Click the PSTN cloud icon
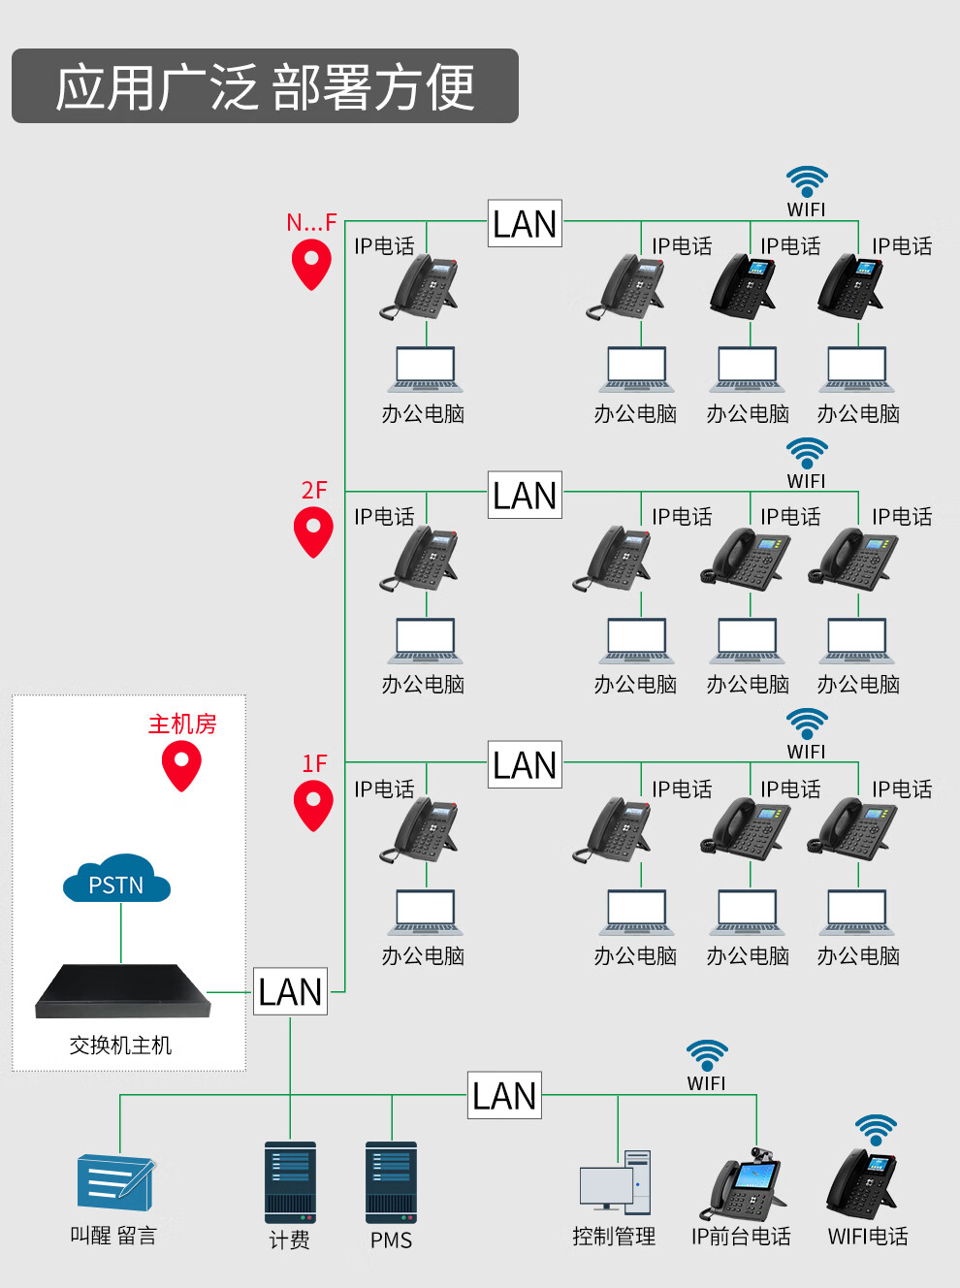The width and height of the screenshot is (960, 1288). pos(116,880)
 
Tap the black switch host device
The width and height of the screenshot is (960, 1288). pos(123,991)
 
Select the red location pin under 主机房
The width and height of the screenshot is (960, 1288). pos(181,765)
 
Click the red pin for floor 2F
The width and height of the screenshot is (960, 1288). pos(313,533)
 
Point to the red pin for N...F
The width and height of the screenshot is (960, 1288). pos(311,266)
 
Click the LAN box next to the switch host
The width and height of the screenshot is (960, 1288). pos(290,991)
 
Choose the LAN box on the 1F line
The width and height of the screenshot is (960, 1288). pos(525,764)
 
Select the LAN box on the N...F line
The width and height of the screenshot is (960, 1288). pos(525,224)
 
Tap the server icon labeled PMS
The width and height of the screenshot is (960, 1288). pos(391,1181)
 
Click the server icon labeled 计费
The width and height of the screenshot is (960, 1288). pos(290,1181)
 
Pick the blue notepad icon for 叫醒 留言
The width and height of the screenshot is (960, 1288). pos(115,1181)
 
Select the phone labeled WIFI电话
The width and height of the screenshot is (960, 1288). pos(864,1183)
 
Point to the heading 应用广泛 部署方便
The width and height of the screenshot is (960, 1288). pos(265,86)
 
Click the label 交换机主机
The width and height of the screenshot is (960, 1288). pos(120,1046)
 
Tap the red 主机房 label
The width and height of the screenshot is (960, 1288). pos(182,724)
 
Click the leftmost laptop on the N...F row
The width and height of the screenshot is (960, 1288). pos(425,369)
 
